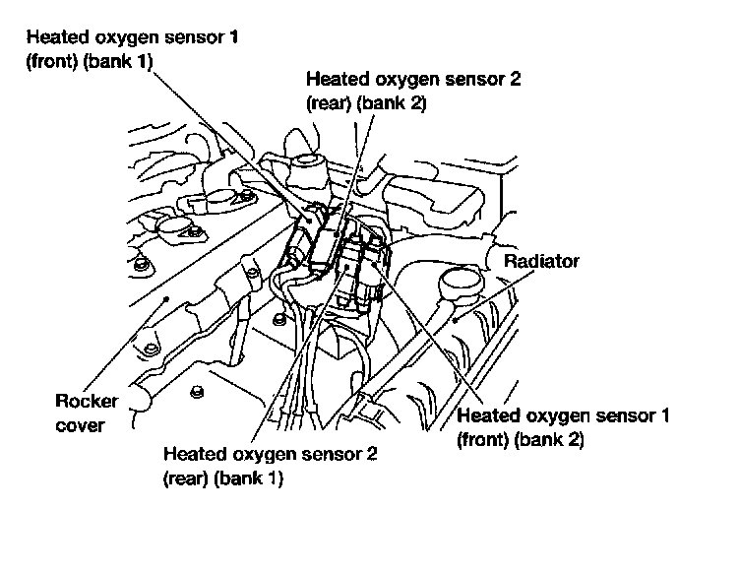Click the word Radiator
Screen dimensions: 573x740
[x=541, y=262]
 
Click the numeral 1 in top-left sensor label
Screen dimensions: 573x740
[x=262, y=38]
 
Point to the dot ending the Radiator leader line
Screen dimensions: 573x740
[x=459, y=319]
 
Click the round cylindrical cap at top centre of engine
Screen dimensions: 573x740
[x=307, y=162]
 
